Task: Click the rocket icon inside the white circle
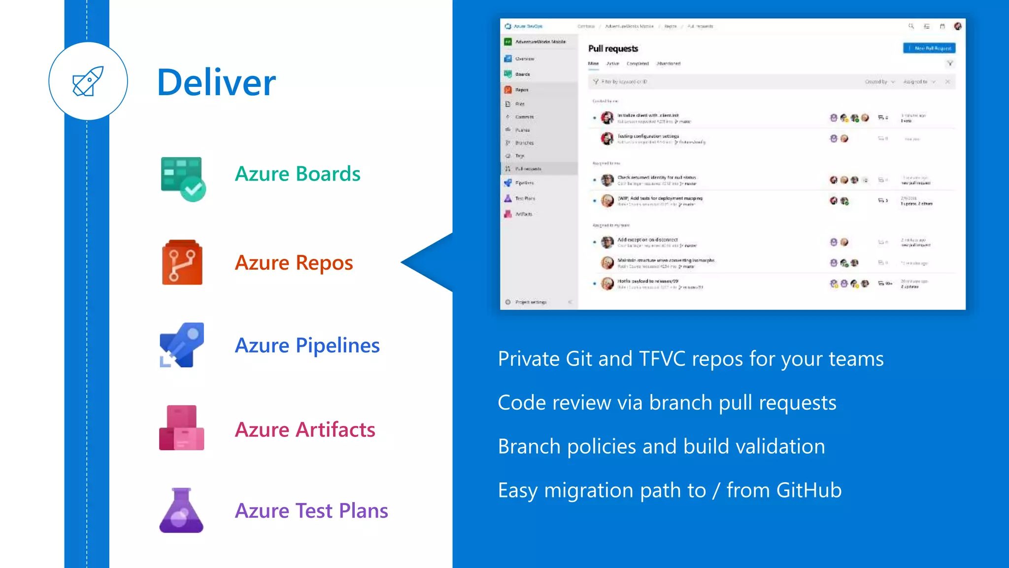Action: coord(88,81)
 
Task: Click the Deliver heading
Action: coord(216,82)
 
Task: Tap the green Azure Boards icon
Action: coord(182,178)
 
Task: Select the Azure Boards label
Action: coord(298,174)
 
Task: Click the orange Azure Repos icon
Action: coord(182,262)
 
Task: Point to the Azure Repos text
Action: coord(294,263)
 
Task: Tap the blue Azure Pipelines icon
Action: coord(181,345)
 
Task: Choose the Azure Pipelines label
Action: coord(307,346)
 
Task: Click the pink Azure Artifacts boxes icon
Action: coord(181,428)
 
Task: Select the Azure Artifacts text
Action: coord(305,430)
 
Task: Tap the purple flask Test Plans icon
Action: coord(181,511)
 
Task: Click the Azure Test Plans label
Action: coord(311,511)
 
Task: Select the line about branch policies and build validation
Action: coord(661,447)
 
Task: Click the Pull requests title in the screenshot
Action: coord(613,49)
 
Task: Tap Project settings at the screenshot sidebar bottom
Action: coord(530,302)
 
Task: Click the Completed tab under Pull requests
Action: coord(638,64)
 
